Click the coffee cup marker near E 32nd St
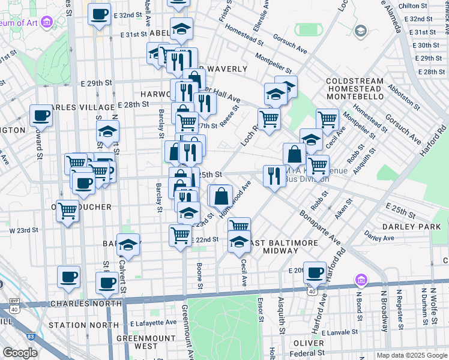tap(99, 14)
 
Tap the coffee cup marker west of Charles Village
tap(41, 116)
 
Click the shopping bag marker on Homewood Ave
tap(221, 196)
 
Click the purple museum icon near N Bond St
tap(360, 280)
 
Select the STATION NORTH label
tap(84, 325)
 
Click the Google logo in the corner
tap(20, 353)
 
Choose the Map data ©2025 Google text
tap(411, 355)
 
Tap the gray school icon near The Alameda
tap(360, 31)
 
